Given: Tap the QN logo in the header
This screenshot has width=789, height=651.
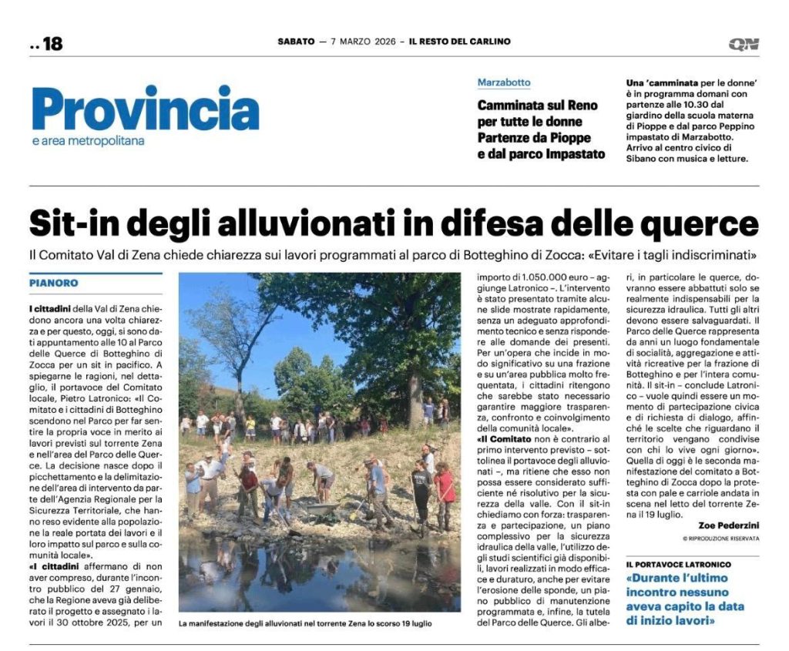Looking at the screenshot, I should [744, 44].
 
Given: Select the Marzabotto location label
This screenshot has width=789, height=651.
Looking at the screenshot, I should [504, 82].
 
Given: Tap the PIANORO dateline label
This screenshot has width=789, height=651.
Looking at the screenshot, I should [54, 284].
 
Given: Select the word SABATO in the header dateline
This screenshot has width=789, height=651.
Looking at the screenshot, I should [296, 42].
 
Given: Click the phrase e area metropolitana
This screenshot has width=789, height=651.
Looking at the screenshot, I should [89, 141].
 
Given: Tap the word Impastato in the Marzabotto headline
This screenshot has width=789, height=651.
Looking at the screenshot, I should [571, 154].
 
